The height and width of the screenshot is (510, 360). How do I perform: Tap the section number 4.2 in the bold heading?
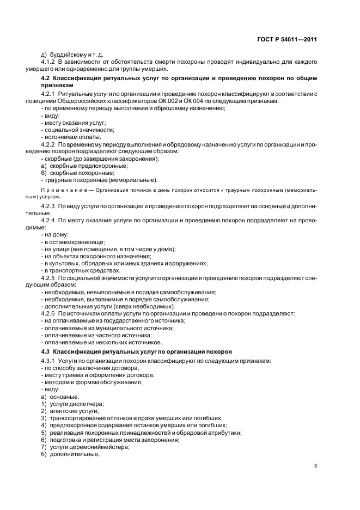pyautogui.click(x=46, y=79)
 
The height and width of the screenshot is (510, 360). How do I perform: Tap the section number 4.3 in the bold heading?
pyautogui.click(x=46, y=352)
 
